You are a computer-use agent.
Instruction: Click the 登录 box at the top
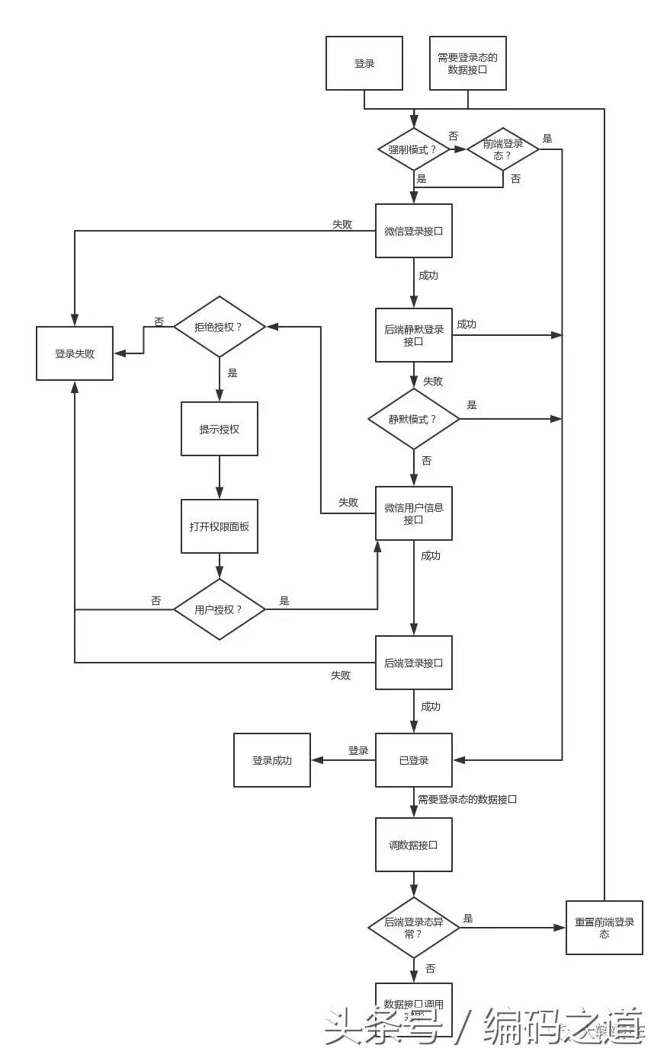click(x=364, y=63)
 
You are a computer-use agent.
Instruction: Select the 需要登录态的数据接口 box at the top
click(x=467, y=63)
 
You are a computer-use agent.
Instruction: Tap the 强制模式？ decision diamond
click(x=414, y=149)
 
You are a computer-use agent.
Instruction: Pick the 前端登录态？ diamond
click(x=503, y=149)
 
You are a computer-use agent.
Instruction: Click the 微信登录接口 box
click(x=414, y=231)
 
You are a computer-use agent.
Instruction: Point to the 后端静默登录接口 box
click(x=414, y=335)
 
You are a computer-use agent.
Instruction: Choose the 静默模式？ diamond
click(x=414, y=419)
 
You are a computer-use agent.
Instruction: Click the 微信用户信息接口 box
click(x=414, y=513)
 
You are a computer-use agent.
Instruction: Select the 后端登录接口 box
click(x=414, y=663)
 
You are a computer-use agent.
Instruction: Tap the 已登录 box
click(x=414, y=760)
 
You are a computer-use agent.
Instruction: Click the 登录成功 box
click(x=272, y=760)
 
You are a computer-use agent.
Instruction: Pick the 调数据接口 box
click(x=414, y=845)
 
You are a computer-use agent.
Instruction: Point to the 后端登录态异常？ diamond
click(x=414, y=928)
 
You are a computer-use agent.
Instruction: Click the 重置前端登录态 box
click(x=604, y=928)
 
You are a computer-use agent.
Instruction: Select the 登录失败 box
click(x=75, y=353)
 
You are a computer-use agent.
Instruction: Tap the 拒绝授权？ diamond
click(x=220, y=327)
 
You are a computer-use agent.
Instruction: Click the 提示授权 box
click(x=220, y=429)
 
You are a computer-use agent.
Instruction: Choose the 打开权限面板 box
click(x=220, y=526)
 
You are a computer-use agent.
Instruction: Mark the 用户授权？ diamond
click(x=220, y=609)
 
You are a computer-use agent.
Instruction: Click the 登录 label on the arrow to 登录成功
click(x=358, y=750)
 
